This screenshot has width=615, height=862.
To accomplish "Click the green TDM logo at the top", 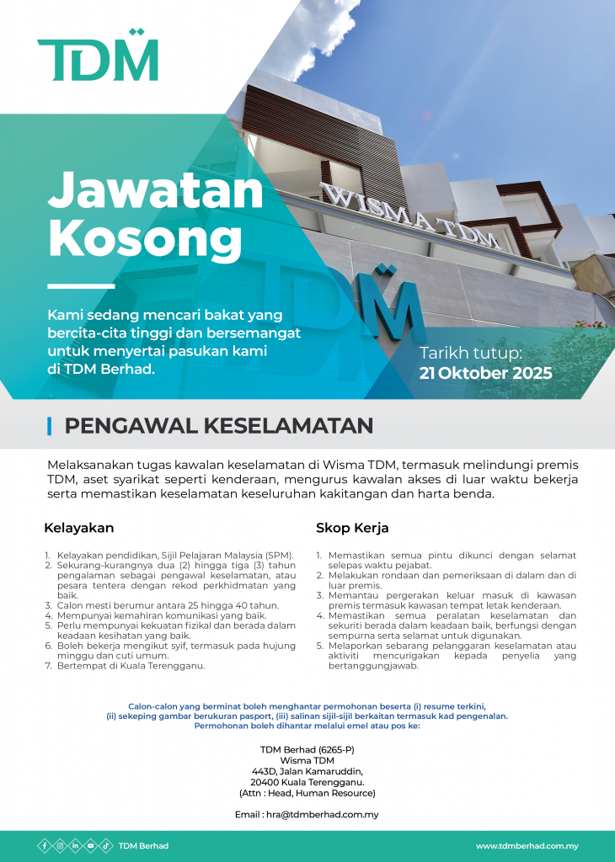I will click(98, 56).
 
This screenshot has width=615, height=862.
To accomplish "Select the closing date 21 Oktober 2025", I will click(485, 373).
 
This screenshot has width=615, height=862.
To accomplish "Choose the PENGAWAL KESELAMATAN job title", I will click(218, 426).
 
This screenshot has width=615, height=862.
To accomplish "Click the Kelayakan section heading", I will click(78, 529).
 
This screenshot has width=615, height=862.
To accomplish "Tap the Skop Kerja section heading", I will click(351, 529).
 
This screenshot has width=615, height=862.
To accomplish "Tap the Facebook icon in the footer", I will click(45, 846).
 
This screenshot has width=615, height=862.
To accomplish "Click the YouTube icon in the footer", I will click(90, 846).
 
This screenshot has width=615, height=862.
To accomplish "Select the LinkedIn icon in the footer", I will click(75, 846).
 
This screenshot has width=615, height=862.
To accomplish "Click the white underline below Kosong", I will click(81, 287).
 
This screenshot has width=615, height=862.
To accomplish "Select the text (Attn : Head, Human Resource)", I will click(307, 793).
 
